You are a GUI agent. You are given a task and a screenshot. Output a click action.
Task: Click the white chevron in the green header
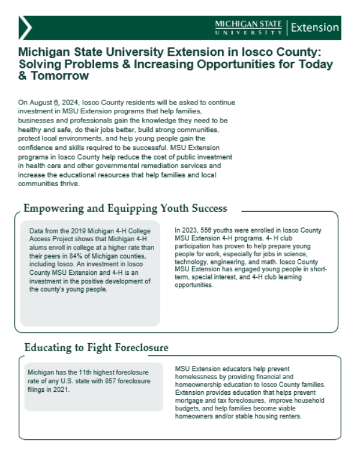(26, 28)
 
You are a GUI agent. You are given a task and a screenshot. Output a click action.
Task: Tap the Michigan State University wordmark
(248, 27)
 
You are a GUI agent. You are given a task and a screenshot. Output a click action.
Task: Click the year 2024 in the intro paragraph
(70, 103)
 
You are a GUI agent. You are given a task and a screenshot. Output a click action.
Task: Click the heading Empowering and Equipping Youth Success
(125, 209)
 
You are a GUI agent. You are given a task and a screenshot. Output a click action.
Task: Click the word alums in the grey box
(38, 240)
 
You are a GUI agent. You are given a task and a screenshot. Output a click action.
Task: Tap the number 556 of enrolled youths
(209, 230)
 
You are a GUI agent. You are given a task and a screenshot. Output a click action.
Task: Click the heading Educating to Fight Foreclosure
(96, 347)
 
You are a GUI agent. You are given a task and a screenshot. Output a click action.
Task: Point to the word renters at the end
(289, 416)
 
